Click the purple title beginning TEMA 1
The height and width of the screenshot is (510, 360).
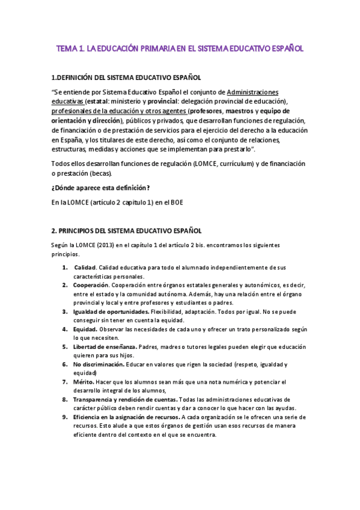tap(180, 48)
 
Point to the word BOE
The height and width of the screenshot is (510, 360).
tap(175, 202)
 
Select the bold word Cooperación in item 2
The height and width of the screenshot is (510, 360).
tap(91, 284)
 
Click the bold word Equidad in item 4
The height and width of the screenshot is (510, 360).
tap(88, 330)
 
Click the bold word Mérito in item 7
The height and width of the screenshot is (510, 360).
tap(84, 382)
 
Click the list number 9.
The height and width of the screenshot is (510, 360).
tap(66, 417)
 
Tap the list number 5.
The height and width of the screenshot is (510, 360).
tap(66, 347)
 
